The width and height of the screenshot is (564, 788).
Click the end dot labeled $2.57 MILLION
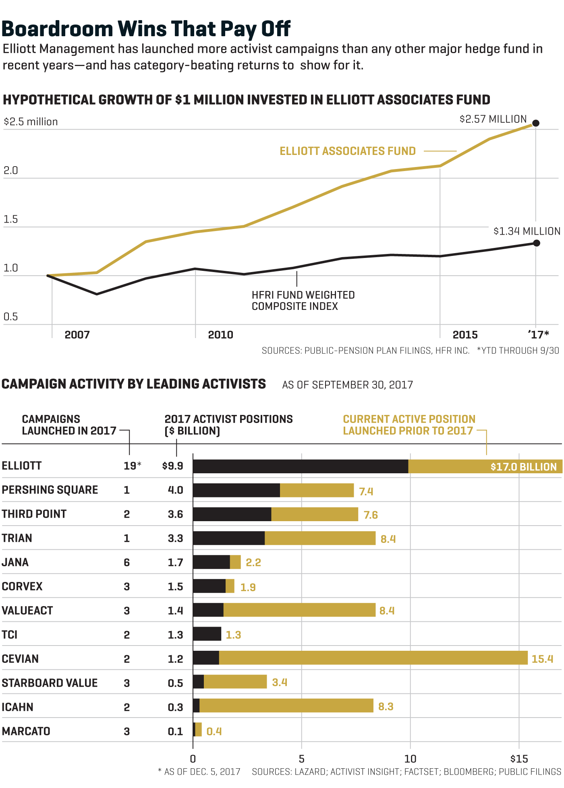(x=536, y=123)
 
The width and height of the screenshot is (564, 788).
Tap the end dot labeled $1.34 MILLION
(x=536, y=243)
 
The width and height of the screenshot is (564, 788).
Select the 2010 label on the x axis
(x=220, y=335)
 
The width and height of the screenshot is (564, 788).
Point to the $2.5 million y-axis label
(x=31, y=122)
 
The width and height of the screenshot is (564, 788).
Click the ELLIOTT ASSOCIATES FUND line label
(x=348, y=151)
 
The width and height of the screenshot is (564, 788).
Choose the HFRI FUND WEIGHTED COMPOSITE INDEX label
(x=303, y=301)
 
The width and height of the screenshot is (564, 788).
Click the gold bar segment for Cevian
(x=373, y=658)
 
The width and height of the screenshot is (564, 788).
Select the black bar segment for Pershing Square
(x=236, y=490)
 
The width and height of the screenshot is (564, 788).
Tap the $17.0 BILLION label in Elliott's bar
(x=523, y=467)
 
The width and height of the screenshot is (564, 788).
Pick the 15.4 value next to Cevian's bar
(x=542, y=659)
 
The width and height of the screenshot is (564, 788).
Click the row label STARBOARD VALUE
(x=50, y=683)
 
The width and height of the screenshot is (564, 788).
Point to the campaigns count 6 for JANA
(x=127, y=563)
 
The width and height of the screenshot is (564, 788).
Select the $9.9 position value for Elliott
(x=172, y=466)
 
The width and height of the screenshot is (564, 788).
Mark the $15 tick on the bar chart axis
(x=519, y=759)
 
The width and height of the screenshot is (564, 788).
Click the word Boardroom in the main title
(x=58, y=29)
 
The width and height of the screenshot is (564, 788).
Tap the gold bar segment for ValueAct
(x=299, y=610)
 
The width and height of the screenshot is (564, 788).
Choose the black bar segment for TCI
(x=207, y=634)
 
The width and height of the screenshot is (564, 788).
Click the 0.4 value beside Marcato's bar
(x=214, y=731)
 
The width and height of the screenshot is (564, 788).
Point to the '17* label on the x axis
(x=538, y=335)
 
